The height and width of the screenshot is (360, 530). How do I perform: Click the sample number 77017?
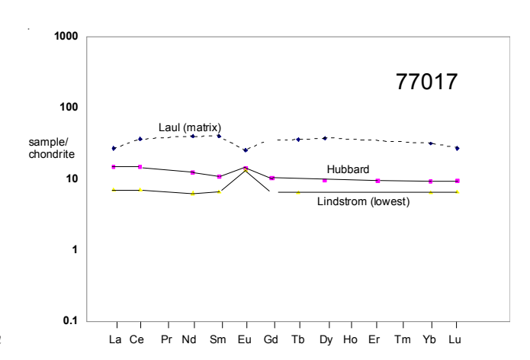427,82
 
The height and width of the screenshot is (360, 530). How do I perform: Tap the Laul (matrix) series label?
190,126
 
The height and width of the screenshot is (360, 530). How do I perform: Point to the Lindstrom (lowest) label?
364,202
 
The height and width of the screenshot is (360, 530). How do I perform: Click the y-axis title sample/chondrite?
52,148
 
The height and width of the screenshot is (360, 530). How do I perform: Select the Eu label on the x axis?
244,339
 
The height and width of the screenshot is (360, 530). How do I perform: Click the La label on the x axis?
115,339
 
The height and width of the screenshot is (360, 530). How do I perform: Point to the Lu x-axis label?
455,339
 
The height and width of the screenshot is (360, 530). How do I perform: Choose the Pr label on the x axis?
166,339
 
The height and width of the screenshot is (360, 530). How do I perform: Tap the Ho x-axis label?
350,339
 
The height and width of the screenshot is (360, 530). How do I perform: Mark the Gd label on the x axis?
270,339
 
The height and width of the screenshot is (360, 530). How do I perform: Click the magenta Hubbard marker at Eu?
246,168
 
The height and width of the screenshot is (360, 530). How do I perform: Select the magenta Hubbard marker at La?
114,166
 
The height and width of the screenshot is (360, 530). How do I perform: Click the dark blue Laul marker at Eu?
246,150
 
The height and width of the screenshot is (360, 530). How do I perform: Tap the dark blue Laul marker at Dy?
325,138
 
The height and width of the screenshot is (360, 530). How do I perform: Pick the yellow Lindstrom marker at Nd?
193,194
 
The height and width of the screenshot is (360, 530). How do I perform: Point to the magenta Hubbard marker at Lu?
457,181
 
